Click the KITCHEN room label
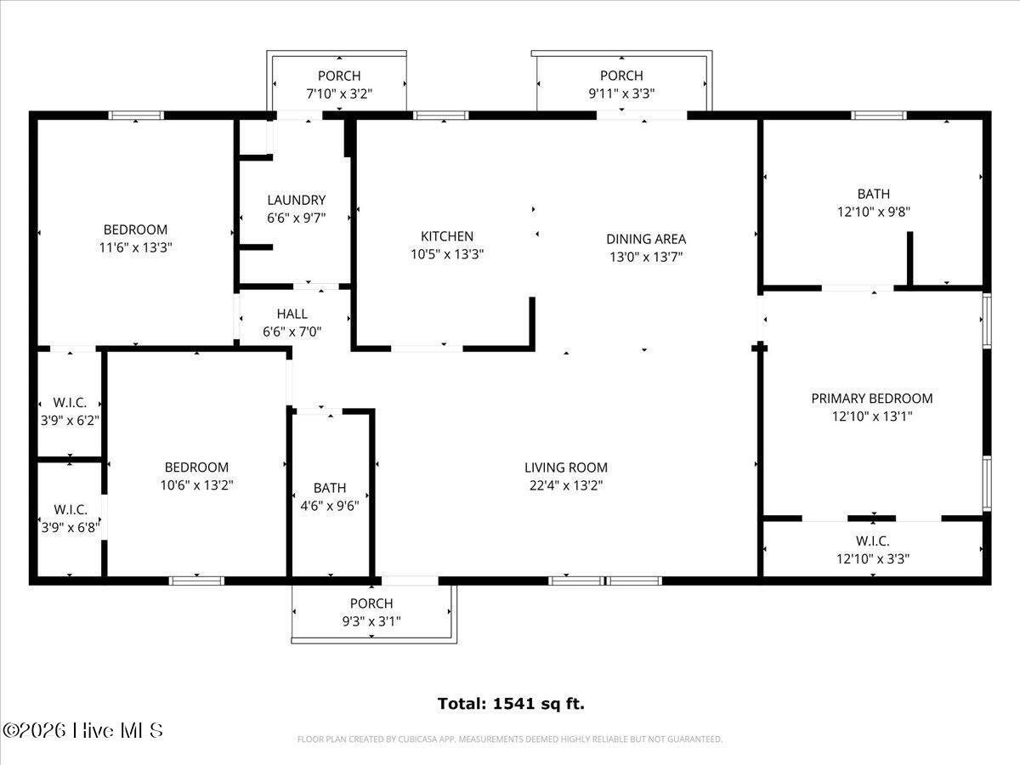click(x=447, y=236)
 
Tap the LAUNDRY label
click(x=297, y=201)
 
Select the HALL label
click(x=292, y=314)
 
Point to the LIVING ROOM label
click(x=566, y=467)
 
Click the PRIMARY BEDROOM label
click(x=872, y=399)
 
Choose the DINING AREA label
click(x=646, y=239)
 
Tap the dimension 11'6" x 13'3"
click(x=135, y=247)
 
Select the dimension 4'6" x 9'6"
click(x=330, y=506)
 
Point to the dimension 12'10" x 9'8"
click(x=874, y=212)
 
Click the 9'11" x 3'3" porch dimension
click(x=621, y=93)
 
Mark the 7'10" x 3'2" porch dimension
click(x=339, y=94)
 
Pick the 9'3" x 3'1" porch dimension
click(x=371, y=621)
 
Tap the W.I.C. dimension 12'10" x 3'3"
click(x=873, y=558)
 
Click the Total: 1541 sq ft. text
click(x=511, y=704)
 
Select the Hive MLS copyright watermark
click(x=82, y=731)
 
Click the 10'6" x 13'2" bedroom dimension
click(x=196, y=485)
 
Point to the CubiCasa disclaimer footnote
click(x=510, y=739)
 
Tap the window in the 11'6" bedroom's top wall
click(x=136, y=116)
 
